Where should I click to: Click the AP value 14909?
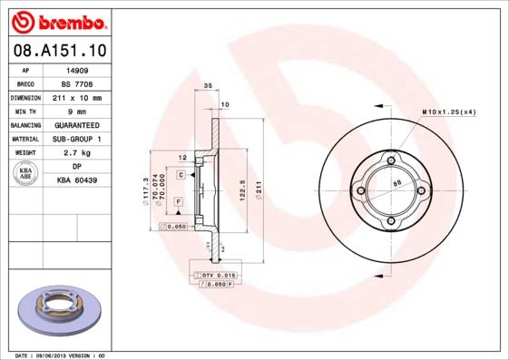point(76,69)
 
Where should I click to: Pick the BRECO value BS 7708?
point(76,83)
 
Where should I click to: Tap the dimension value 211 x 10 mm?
point(76,97)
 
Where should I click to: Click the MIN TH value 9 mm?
point(76,111)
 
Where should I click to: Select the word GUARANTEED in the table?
point(76,124)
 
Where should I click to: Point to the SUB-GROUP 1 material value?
point(76,139)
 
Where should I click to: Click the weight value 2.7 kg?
point(76,153)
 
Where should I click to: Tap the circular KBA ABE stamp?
point(25,174)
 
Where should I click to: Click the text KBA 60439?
point(76,180)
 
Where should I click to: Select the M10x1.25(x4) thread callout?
point(448,112)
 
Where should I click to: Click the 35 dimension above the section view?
point(207,85)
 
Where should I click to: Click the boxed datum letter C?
point(181,174)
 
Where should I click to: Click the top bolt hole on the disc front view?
point(391,161)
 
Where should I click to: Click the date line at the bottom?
point(61,355)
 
